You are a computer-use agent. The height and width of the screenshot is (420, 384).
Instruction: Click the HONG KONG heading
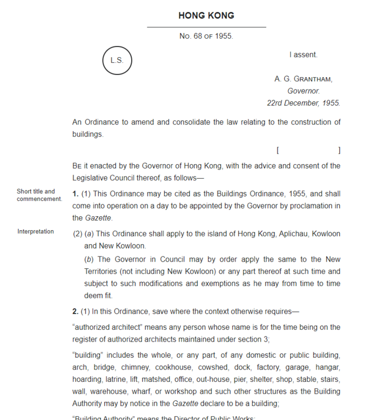coord(206,16)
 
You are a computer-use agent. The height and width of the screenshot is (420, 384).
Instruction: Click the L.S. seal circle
coord(117,60)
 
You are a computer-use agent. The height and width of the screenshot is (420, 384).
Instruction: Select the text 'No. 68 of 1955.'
coord(206,36)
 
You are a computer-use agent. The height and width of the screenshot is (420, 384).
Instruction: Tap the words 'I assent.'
coord(303,55)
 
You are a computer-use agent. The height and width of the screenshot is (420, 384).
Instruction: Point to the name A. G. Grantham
coord(303,79)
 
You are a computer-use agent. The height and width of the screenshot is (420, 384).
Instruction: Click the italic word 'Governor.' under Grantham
coord(303,91)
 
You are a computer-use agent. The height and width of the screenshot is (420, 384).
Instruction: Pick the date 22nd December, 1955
coord(303,103)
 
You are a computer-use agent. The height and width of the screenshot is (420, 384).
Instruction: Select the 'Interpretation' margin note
coord(36,231)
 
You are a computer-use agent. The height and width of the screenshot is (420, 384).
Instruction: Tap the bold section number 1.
coord(75,194)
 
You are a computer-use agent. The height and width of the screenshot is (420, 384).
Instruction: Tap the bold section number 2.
coord(75,311)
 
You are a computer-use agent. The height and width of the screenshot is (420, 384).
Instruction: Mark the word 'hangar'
coord(326,367)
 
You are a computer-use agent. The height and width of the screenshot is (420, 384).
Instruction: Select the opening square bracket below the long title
coord(278,151)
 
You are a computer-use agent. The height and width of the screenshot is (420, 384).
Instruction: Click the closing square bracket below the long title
coord(339,151)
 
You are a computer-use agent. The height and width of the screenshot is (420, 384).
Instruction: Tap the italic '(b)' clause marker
coord(89,259)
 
